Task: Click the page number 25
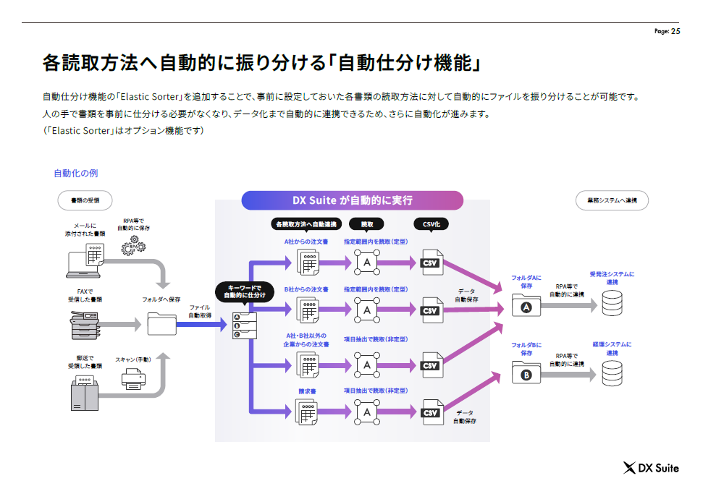click(x=675, y=31)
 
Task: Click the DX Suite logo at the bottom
click(x=651, y=468)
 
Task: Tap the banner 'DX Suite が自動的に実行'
click(x=352, y=200)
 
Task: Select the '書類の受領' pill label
click(x=85, y=200)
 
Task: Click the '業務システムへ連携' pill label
click(x=612, y=200)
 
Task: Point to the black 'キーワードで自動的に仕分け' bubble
click(x=245, y=291)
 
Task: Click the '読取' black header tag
click(x=367, y=224)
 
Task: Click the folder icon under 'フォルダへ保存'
click(x=161, y=323)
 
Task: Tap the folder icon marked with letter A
click(x=526, y=306)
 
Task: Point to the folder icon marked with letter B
click(x=526, y=373)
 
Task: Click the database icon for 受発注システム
click(x=612, y=305)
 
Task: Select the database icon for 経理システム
click(x=612, y=372)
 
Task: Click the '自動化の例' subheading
click(x=75, y=174)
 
